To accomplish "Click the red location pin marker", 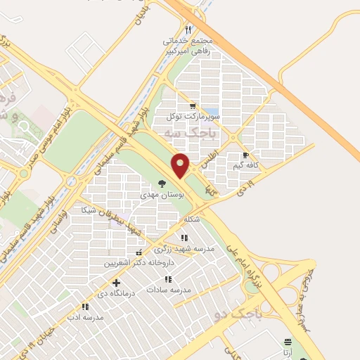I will click(181, 165).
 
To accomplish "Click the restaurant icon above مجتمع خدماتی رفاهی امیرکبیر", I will click(188, 30).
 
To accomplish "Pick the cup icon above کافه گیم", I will click(245, 155).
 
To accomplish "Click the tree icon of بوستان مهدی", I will click(162, 183).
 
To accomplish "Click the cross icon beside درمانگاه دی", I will click(116, 283).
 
